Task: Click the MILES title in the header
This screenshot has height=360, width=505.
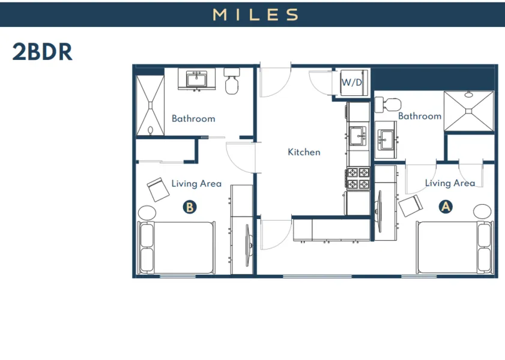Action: (x=255, y=14)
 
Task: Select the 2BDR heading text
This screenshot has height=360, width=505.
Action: (x=42, y=52)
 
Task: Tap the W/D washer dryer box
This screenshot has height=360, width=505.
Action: (x=352, y=82)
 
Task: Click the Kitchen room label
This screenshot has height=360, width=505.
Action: (x=304, y=152)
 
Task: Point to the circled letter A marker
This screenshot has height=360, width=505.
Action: (x=446, y=206)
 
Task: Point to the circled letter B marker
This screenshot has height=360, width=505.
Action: (x=189, y=207)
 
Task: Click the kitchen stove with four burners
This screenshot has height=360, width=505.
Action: (x=358, y=178)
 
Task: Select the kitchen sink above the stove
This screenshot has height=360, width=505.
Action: (x=358, y=136)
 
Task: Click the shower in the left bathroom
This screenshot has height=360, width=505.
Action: (x=149, y=106)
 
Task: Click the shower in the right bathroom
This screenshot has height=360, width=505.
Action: (x=469, y=110)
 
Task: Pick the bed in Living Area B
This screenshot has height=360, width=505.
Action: (x=175, y=248)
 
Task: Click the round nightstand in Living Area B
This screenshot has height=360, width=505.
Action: (x=147, y=212)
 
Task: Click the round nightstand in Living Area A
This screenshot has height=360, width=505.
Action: (x=482, y=212)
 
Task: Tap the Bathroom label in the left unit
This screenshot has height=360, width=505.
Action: (x=193, y=118)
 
